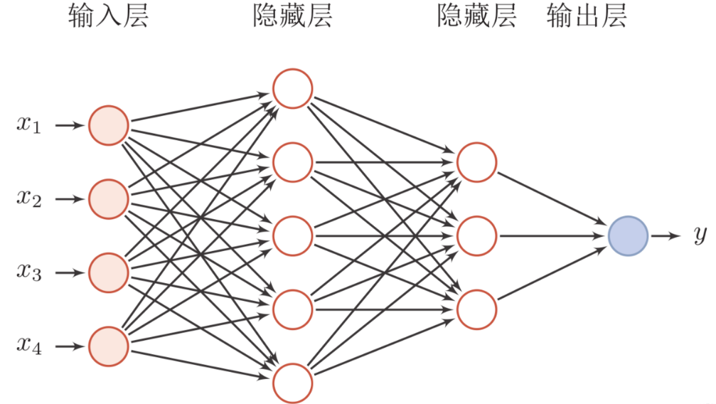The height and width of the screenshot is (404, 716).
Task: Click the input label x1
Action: [x=28, y=124]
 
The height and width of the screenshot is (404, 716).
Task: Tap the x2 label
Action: [x=28, y=198]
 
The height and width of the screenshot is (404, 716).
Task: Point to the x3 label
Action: [x=28, y=272]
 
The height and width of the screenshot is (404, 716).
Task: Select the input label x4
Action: [x=28, y=346]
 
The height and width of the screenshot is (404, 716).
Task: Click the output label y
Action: [x=700, y=235]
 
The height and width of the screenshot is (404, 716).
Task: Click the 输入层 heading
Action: [x=108, y=16]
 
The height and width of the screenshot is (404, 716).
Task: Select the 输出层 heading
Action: [x=587, y=16]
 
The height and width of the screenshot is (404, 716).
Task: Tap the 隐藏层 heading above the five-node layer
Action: [x=293, y=16]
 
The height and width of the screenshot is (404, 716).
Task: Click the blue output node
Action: [x=629, y=236]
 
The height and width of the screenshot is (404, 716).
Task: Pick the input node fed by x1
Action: [x=109, y=126]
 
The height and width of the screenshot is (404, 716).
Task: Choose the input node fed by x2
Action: [x=109, y=199]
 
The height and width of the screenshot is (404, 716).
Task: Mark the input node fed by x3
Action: [x=109, y=273]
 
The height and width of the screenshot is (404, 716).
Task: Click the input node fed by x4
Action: [x=109, y=346]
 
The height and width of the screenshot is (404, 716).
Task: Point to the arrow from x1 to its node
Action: [x=70, y=125]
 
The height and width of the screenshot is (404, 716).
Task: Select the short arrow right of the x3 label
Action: [x=70, y=273]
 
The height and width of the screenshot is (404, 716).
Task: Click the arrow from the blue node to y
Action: [x=666, y=236]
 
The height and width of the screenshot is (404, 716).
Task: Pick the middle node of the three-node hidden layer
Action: [x=476, y=236]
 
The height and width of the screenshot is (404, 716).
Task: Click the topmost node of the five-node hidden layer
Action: [x=293, y=89]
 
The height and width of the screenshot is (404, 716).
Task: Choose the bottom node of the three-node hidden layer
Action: [x=476, y=309]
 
